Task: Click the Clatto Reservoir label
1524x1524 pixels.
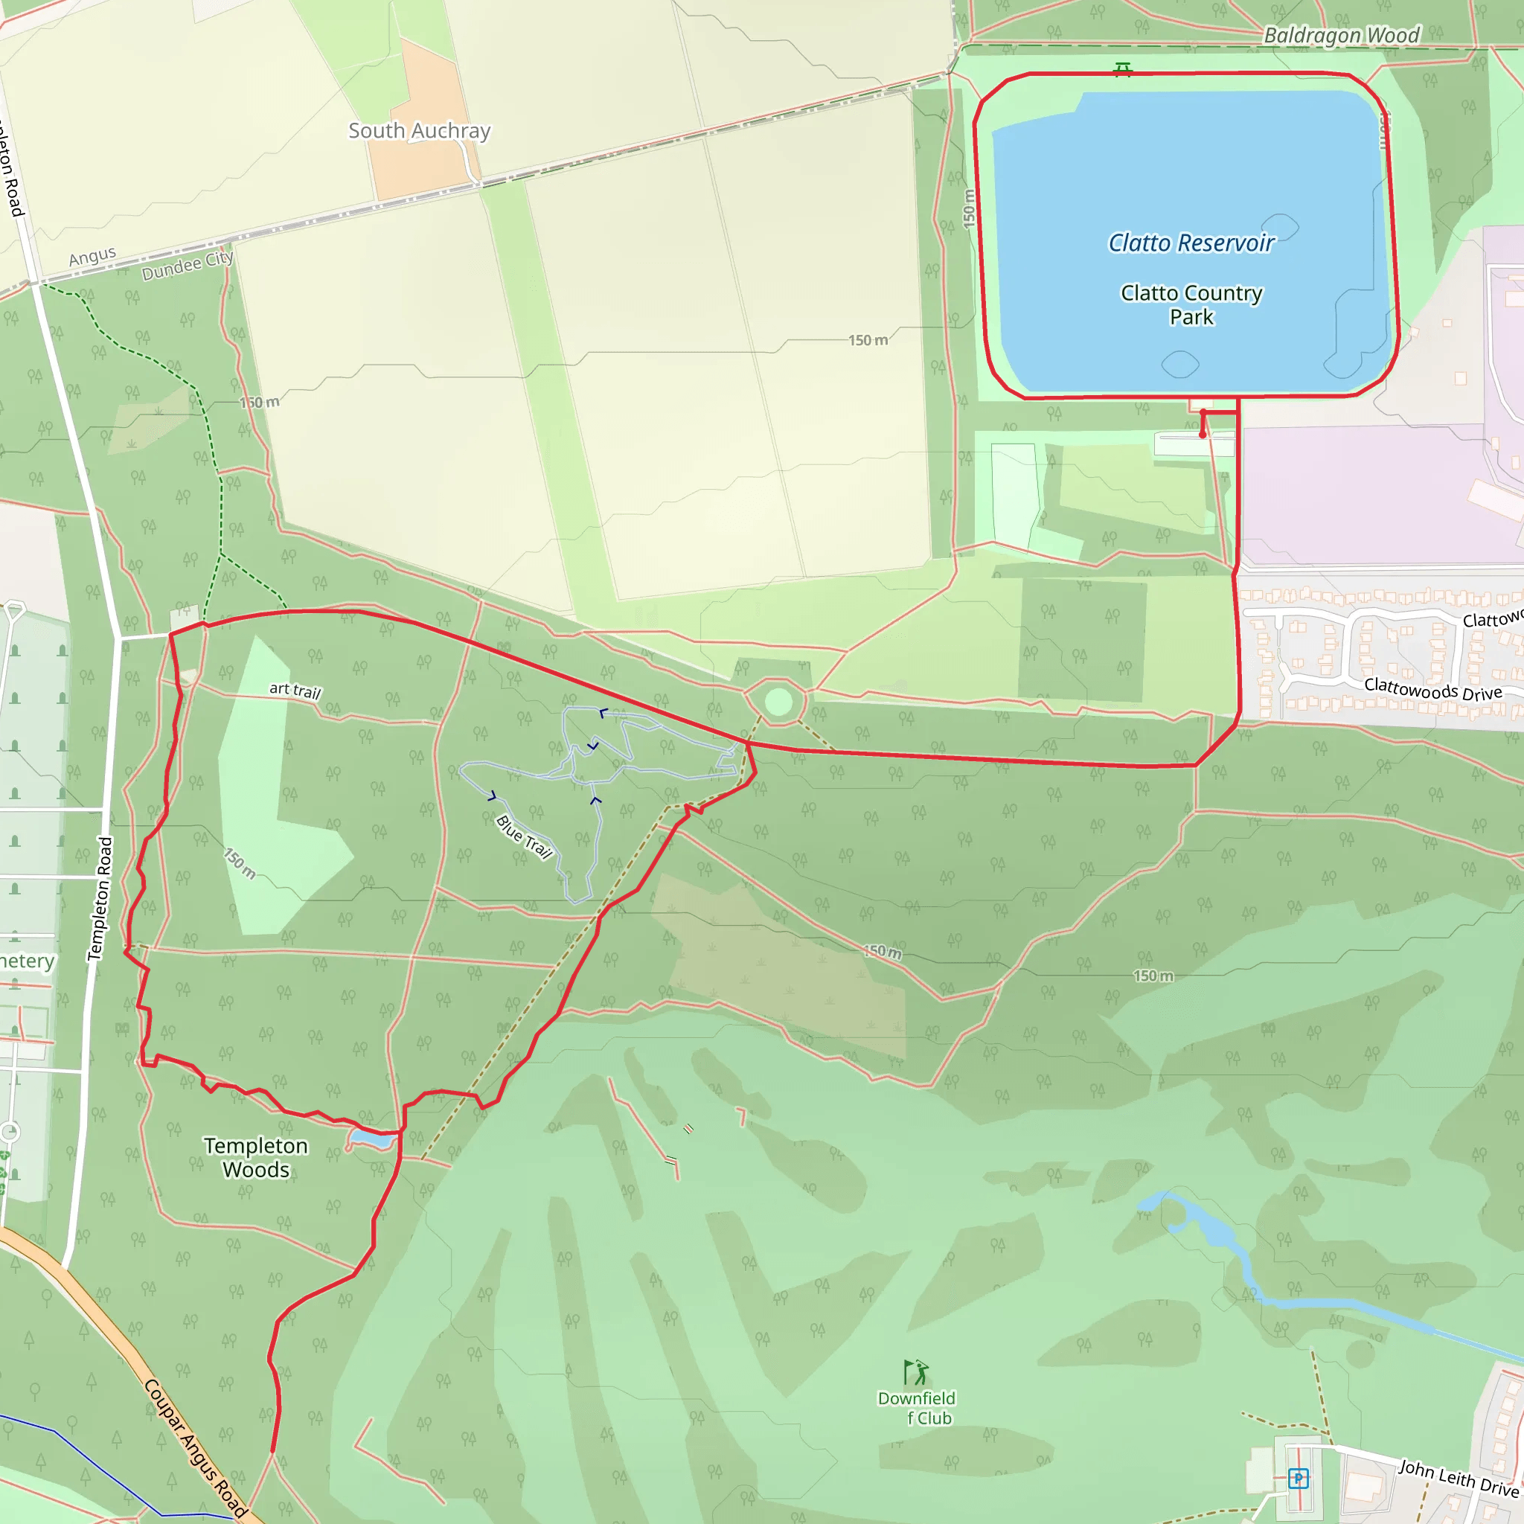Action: tap(1191, 243)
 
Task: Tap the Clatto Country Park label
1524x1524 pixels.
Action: tap(1191, 304)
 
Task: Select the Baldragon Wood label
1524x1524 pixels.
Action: tap(1341, 36)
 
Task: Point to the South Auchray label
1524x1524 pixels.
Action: tap(420, 131)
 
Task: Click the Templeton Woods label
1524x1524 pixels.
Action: tap(255, 1157)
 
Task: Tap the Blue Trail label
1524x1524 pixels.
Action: tap(525, 837)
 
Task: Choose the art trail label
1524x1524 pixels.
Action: tap(295, 691)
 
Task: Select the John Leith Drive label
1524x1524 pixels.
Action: tap(1459, 1479)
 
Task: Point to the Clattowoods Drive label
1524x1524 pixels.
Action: tap(1432, 689)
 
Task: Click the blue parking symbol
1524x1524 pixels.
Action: tap(1299, 1479)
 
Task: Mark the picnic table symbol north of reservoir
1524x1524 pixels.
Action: tap(1122, 69)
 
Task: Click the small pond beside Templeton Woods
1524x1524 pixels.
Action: tap(371, 1139)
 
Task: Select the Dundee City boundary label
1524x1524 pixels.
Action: tap(188, 266)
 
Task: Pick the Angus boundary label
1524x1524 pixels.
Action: tap(92, 257)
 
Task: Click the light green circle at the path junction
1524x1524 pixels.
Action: tap(778, 701)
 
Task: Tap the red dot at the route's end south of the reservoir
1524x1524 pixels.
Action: tap(1203, 435)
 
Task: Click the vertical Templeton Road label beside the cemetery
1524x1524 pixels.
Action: tap(100, 898)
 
